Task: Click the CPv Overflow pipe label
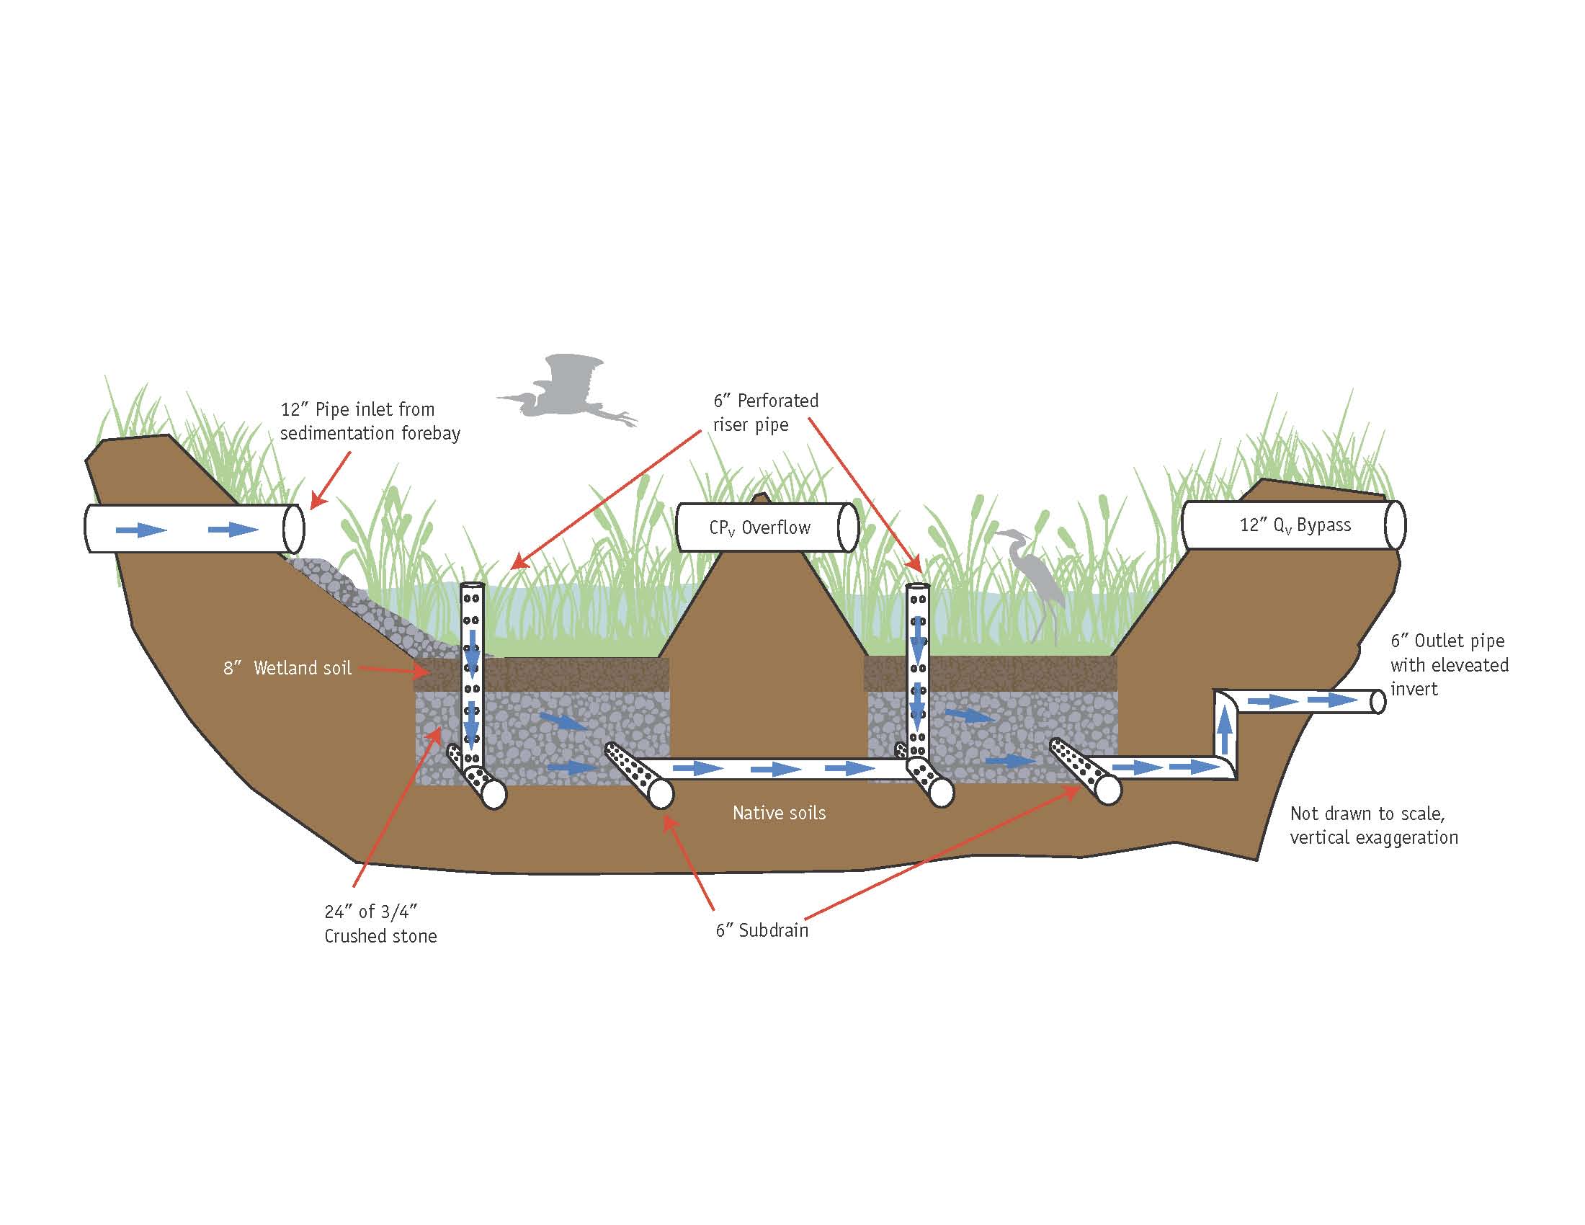pyautogui.click(x=759, y=527)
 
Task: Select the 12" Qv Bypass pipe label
pyautogui.click(x=1295, y=525)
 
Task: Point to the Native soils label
pyautogui.click(x=779, y=813)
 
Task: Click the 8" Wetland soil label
pyautogui.click(x=287, y=668)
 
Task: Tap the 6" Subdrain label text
pyautogui.click(x=762, y=930)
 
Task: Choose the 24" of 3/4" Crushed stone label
pyautogui.click(x=380, y=924)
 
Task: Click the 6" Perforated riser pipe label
pyautogui.click(x=766, y=412)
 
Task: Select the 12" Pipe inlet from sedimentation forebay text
pyautogui.click(x=370, y=421)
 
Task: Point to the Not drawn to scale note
pyautogui.click(x=1373, y=825)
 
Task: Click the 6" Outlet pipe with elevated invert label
pyautogui.click(x=1449, y=665)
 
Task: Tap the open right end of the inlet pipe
pyautogui.click(x=294, y=528)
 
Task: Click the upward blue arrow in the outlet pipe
pyautogui.click(x=1225, y=730)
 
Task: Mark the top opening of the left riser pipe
pyautogui.click(x=473, y=587)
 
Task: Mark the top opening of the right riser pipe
pyautogui.click(x=918, y=588)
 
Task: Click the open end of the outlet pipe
pyautogui.click(x=1378, y=702)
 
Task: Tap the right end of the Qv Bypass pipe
pyautogui.click(x=1394, y=525)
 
